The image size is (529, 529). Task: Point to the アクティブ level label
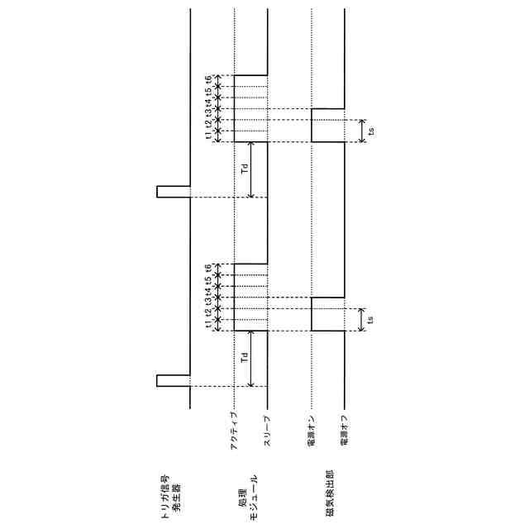coord(235,430)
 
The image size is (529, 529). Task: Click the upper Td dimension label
coord(244,169)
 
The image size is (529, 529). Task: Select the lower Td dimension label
coord(244,359)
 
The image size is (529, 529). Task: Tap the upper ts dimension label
coord(372,131)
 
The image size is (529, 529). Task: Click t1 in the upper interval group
coord(209,136)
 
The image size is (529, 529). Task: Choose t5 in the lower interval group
coord(209,280)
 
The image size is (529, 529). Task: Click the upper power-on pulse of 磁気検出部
coord(327,125)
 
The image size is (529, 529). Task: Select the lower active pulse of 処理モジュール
coord(250,298)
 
